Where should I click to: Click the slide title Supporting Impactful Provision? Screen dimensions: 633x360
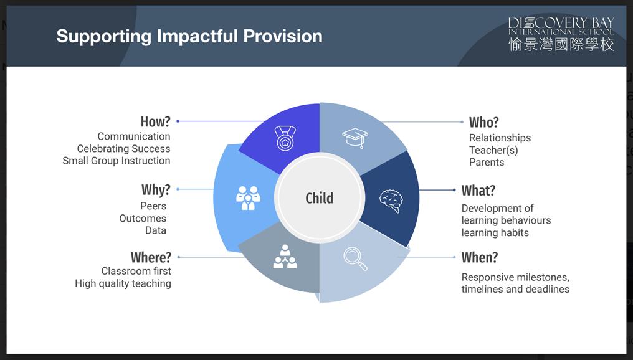(189, 36)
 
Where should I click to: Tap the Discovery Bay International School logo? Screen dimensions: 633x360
(561, 34)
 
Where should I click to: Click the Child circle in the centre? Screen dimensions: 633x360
(320, 198)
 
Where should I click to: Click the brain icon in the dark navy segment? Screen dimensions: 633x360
(391, 201)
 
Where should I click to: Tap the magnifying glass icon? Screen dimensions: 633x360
(355, 258)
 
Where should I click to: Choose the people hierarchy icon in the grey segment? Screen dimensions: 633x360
(285, 257)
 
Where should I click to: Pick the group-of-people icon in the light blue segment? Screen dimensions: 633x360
(248, 198)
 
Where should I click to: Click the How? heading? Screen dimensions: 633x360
(155, 121)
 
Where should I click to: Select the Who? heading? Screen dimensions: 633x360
(483, 122)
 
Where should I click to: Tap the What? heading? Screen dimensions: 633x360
(478, 191)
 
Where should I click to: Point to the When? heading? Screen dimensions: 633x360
(480, 257)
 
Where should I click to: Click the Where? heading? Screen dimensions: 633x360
(151, 257)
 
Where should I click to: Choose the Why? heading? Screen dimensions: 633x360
(156, 190)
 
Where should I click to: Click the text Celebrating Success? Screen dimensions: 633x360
(123, 148)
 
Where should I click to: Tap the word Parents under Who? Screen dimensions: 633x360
(487, 162)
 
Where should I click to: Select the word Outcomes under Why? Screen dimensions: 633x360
(143, 219)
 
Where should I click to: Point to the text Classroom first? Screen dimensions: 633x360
(136, 271)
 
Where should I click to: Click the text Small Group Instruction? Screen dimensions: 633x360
(117, 161)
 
